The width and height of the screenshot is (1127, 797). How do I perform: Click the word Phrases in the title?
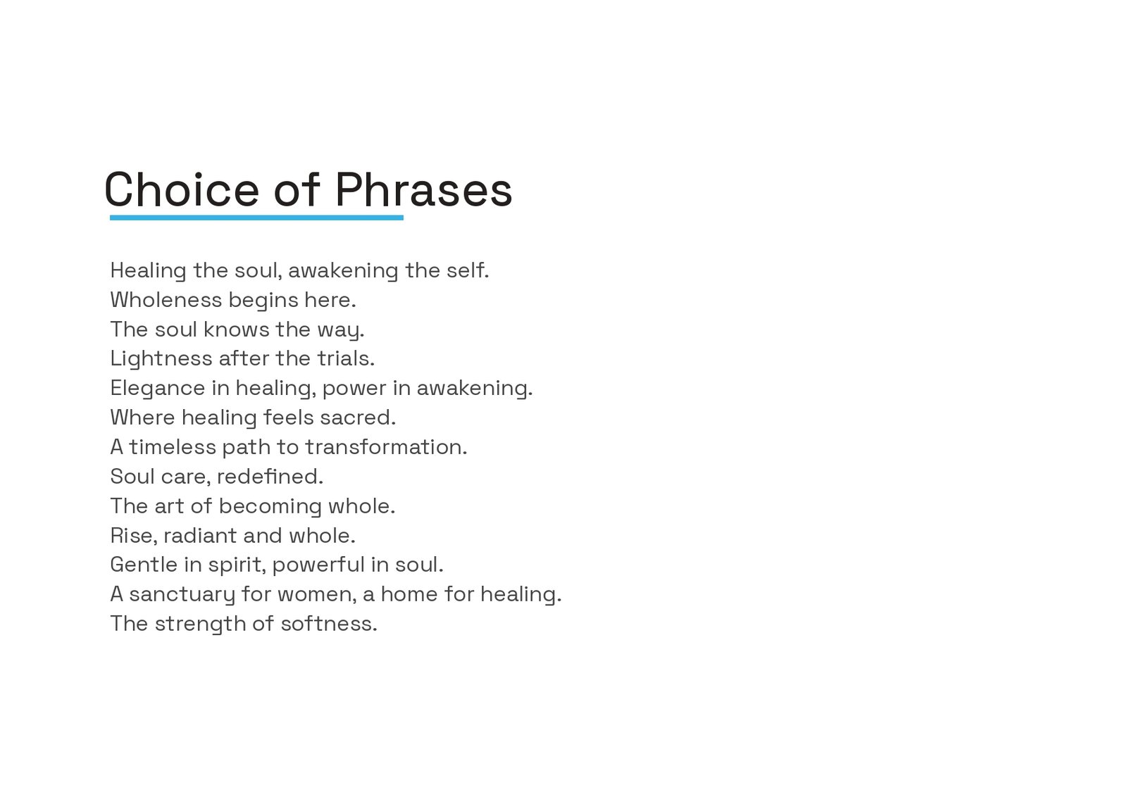(x=423, y=189)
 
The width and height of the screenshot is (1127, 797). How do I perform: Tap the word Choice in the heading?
(x=182, y=189)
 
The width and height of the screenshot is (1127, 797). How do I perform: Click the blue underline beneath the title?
(x=256, y=218)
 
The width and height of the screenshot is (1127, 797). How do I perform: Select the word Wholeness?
(x=166, y=300)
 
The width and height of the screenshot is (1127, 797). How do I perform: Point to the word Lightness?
(x=161, y=359)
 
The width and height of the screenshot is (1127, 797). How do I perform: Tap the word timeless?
(x=173, y=447)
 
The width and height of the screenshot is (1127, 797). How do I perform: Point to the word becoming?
(x=270, y=506)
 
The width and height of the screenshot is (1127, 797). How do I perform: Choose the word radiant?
(x=201, y=536)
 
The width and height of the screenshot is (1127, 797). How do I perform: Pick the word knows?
(x=237, y=330)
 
